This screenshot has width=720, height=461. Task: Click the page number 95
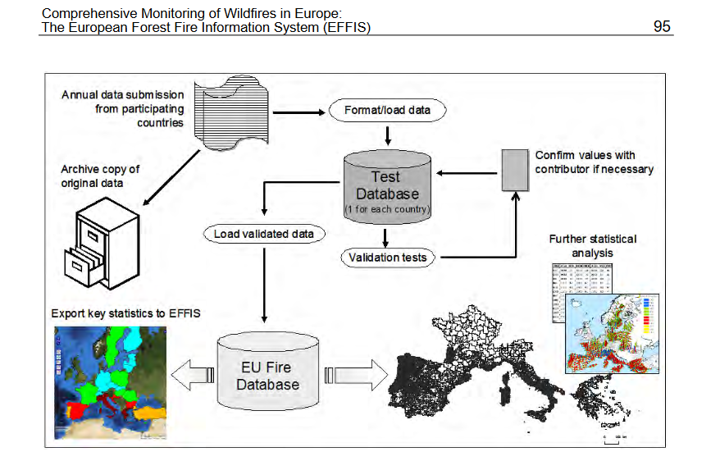click(x=662, y=26)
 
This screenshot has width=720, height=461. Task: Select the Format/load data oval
click(x=387, y=111)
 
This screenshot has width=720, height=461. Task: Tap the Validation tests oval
click(x=387, y=258)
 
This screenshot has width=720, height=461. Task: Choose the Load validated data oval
click(x=263, y=235)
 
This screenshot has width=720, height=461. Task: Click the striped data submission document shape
click(x=228, y=112)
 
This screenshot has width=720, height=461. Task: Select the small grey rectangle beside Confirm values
click(x=513, y=170)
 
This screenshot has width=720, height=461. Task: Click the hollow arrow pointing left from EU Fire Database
click(x=191, y=375)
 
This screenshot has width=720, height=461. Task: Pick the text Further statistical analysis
click(x=592, y=246)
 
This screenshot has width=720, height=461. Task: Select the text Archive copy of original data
click(x=100, y=176)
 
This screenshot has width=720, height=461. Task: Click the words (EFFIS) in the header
click(x=343, y=28)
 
